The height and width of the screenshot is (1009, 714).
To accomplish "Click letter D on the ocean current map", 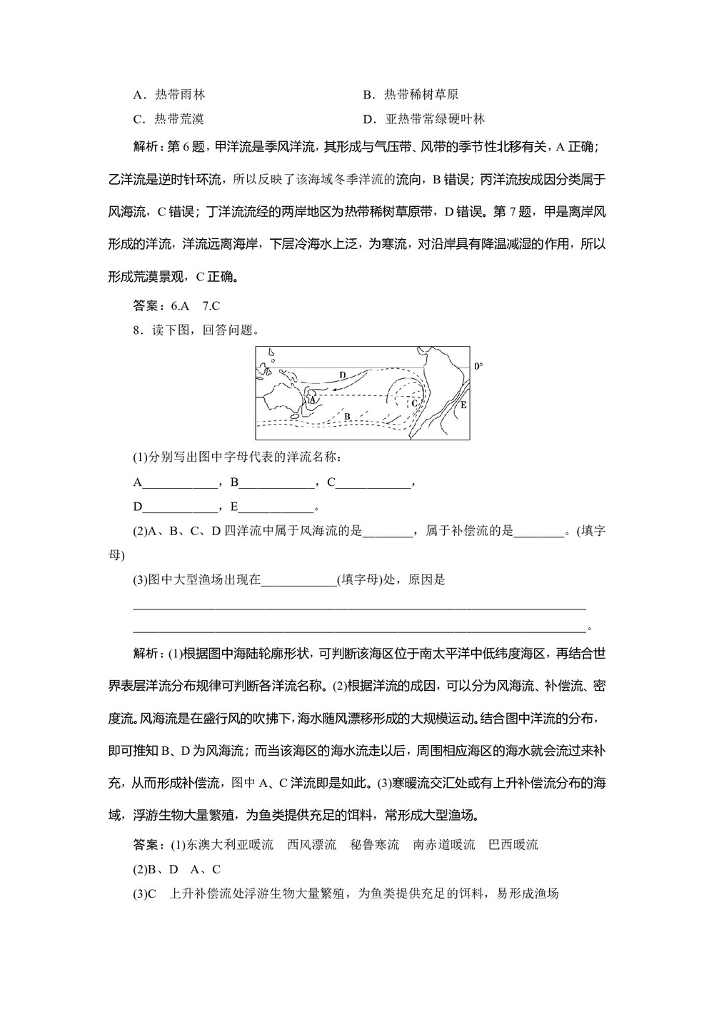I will click(x=343, y=375).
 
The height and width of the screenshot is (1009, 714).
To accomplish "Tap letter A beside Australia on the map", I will click(x=312, y=400).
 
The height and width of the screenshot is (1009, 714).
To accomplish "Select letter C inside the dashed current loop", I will click(x=413, y=402).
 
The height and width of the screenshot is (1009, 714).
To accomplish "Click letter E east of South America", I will click(x=463, y=405).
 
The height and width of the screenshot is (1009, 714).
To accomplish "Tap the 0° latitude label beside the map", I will click(x=478, y=366).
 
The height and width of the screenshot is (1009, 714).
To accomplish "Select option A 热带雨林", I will click(x=169, y=94).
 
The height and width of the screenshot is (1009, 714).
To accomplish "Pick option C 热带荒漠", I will click(x=169, y=118).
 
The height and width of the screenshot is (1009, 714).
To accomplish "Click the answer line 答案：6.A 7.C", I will click(x=176, y=305).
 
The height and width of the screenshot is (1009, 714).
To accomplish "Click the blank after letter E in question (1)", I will click(x=276, y=507).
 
